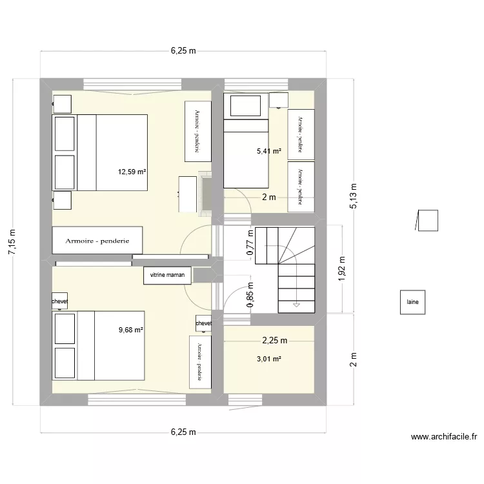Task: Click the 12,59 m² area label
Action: click(x=132, y=172)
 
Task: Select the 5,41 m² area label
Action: click(x=269, y=151)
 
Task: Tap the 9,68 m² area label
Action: click(x=130, y=330)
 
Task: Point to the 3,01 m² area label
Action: click(x=269, y=359)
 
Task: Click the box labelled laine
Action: click(x=412, y=301)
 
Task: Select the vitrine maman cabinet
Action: click(x=167, y=275)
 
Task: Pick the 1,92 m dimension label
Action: click(x=342, y=268)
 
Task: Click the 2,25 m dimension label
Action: click(x=274, y=340)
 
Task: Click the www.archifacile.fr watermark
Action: click(x=443, y=437)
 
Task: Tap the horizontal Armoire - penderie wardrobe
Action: click(x=97, y=241)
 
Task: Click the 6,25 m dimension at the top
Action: click(x=183, y=50)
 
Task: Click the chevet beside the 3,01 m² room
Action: click(x=203, y=323)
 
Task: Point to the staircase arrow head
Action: click(x=296, y=303)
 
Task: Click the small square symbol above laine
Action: click(x=428, y=220)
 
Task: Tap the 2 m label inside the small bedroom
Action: click(x=268, y=197)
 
